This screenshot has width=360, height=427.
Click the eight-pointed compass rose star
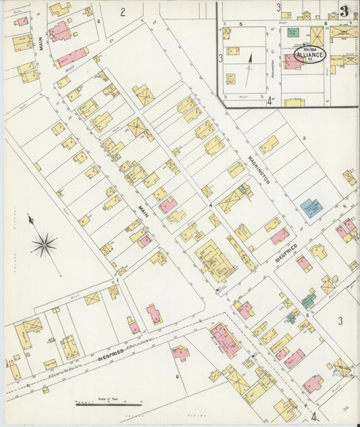pyautogui.click(x=44, y=245)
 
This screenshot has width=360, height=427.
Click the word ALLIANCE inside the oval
pyautogui.click(x=309, y=55)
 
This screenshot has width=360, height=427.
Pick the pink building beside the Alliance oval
pyautogui.click(x=292, y=61)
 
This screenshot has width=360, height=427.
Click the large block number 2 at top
pyautogui.click(x=123, y=11)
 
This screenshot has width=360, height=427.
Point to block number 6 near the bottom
pyautogui.click(x=177, y=376)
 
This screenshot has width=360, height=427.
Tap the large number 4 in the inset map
pyautogui.click(x=269, y=101)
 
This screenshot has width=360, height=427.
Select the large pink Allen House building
pyautogui.click(x=224, y=339)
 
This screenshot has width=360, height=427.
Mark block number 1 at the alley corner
pyautogui.click(x=118, y=279)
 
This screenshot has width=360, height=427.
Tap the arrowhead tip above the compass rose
pyautogui.click(x=29, y=218)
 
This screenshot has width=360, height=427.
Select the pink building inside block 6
pyautogui.click(x=180, y=352)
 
